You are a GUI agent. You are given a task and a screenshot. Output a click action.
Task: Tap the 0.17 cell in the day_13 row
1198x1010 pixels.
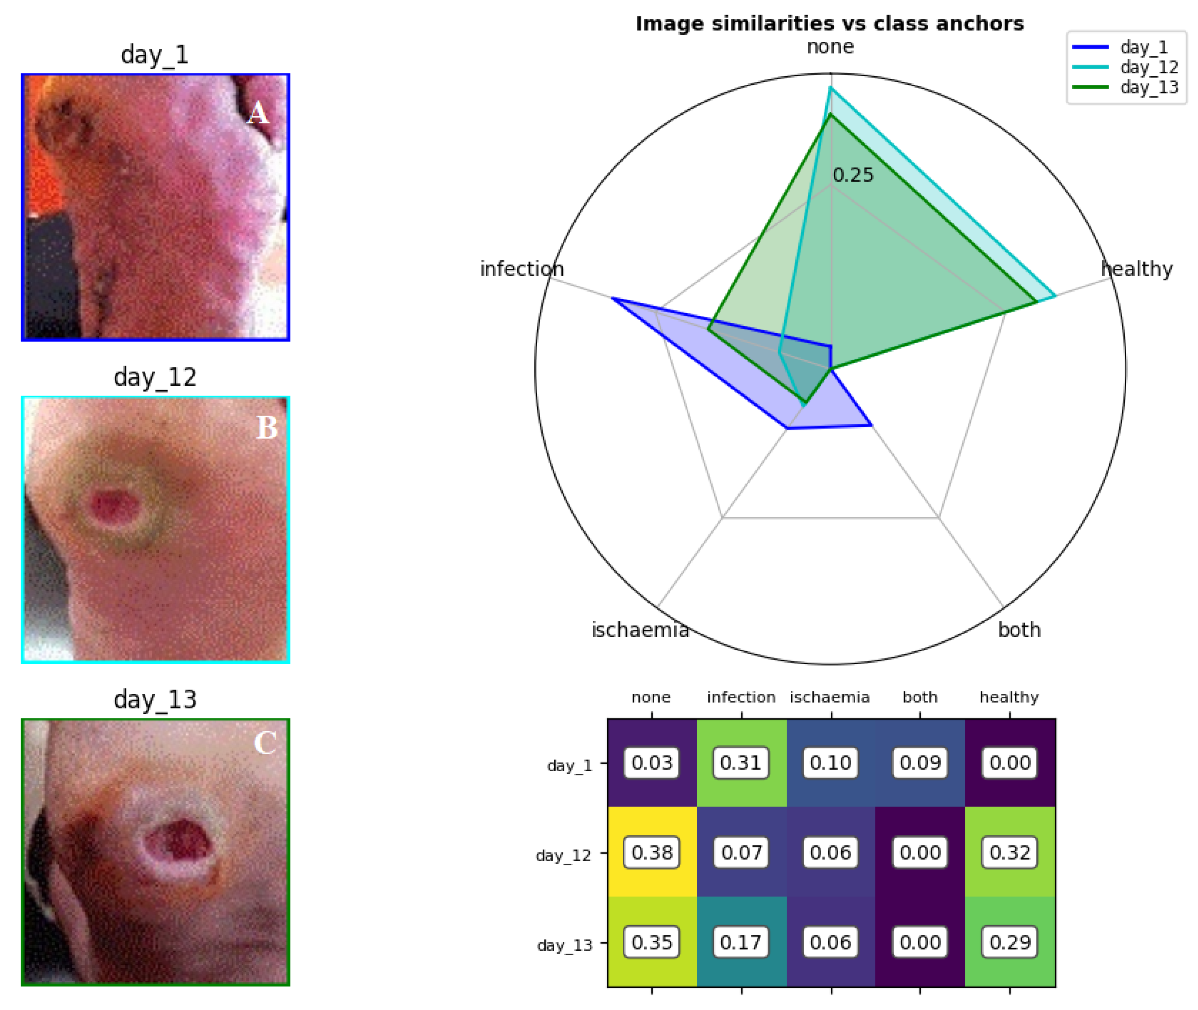click(741, 942)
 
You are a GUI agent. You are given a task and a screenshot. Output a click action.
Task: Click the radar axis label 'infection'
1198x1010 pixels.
click(521, 269)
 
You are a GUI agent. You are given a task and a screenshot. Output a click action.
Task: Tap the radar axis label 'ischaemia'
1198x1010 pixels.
click(640, 630)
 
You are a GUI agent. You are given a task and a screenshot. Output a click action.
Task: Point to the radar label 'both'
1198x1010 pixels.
click(1019, 630)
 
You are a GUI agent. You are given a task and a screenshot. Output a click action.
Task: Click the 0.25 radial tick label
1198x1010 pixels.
click(853, 175)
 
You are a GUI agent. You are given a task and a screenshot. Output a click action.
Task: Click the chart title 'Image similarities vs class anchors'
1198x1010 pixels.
click(829, 24)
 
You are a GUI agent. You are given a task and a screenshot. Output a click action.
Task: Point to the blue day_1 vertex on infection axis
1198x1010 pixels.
click(613, 298)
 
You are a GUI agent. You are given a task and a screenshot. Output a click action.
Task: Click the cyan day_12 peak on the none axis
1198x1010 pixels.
click(831, 88)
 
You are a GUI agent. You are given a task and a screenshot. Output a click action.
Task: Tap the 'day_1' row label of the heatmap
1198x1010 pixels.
click(569, 766)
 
